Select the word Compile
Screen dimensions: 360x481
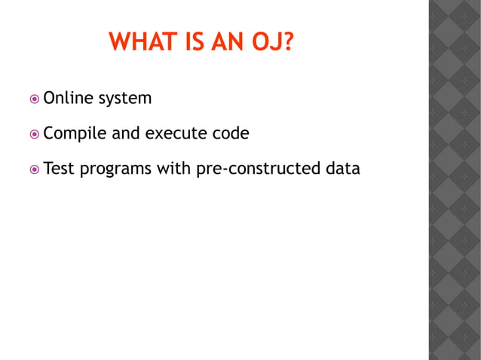click(x=75, y=134)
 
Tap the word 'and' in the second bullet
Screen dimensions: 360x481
click(x=126, y=133)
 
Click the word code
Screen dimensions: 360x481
click(x=231, y=133)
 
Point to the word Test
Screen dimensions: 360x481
click(x=59, y=169)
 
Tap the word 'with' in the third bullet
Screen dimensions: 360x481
click(x=173, y=169)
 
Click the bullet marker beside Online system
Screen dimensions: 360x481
click(x=35, y=99)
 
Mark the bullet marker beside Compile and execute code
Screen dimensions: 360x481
click(x=35, y=134)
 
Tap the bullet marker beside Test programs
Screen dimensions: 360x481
click(x=35, y=169)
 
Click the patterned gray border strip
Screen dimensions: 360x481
click(x=454, y=180)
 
